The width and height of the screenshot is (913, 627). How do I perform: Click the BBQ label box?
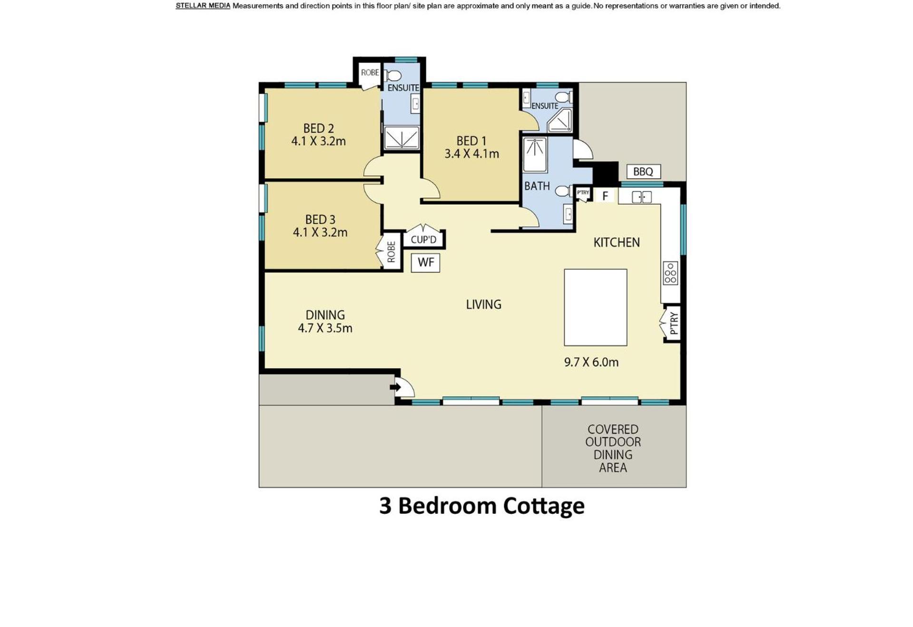[x=643, y=171]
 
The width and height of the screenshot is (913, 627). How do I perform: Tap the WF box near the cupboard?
[x=425, y=262]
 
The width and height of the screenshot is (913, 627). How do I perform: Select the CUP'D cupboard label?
[x=423, y=239]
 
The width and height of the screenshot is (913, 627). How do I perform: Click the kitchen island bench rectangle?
[x=595, y=307]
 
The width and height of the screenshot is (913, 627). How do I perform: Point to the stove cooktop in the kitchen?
[x=670, y=273]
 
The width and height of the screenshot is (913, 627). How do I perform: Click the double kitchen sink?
[x=641, y=197]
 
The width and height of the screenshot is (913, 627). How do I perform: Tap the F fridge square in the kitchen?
[x=605, y=196]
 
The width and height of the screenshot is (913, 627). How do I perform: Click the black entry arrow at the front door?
[x=395, y=387]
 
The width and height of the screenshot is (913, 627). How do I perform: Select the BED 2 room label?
[x=319, y=128]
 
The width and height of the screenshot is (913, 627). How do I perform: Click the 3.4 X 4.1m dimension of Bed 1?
[x=471, y=154]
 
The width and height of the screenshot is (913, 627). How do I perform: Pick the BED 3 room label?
[x=320, y=220]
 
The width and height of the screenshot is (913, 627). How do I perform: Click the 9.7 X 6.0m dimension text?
[x=591, y=362]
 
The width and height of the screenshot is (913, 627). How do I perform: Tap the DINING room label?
[x=325, y=315]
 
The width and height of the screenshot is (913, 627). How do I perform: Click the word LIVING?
[x=483, y=304]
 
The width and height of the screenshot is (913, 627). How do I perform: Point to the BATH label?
[x=537, y=186]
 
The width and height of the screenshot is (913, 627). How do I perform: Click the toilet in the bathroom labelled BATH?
[x=564, y=191]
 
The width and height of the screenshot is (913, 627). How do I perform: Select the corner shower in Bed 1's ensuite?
[x=560, y=121]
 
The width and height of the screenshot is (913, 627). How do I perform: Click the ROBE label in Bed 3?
[x=391, y=252]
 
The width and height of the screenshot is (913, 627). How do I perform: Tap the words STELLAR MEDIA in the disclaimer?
[x=203, y=6]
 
